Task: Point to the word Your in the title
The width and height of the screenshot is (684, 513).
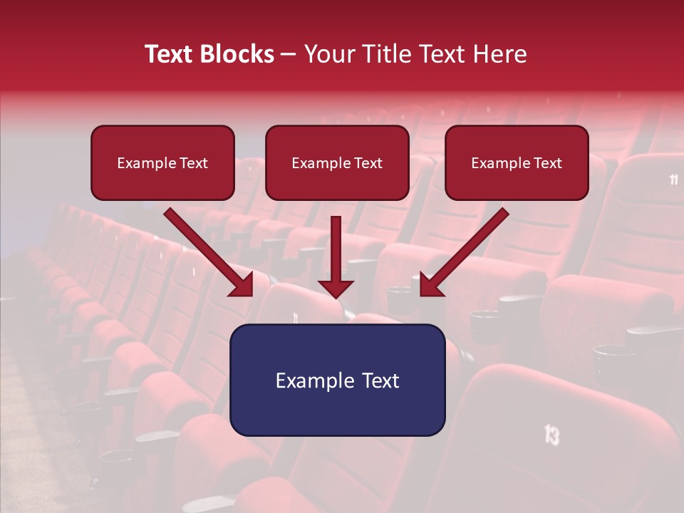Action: pos(327,54)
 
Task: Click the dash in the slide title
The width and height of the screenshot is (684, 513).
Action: pos(289,55)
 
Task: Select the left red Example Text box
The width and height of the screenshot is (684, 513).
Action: pos(162,162)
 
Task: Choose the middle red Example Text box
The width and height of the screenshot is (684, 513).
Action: pos(337,162)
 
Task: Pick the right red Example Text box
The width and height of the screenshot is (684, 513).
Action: pos(517,162)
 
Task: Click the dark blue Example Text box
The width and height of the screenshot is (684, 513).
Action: pos(337,380)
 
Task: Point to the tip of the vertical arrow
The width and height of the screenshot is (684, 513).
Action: pos(336,296)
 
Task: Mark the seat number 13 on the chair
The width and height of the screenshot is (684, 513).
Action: pos(551,434)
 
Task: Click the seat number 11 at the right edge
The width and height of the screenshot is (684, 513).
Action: pos(674,180)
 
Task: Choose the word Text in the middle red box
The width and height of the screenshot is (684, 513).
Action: pos(368,163)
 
